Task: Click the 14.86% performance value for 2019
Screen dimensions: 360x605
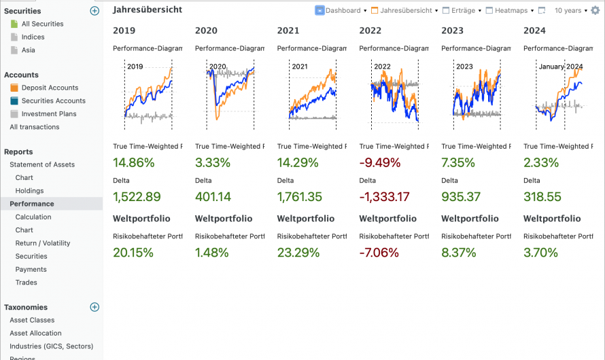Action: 134,163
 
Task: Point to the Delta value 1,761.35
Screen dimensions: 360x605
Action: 300,197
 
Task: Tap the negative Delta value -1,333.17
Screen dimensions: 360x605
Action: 385,197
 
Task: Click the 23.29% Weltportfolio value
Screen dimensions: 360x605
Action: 298,253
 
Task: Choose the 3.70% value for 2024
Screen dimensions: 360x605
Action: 541,253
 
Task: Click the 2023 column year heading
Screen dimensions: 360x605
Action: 453,31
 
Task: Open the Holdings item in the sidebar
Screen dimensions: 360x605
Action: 29,191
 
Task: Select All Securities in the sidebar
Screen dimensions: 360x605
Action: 42,24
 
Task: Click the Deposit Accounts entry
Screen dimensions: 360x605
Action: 50,88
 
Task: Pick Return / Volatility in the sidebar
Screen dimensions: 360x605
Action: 43,243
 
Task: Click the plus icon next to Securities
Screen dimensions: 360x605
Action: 94,11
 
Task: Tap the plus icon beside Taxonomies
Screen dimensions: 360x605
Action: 94,307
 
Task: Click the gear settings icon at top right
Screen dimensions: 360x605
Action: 595,11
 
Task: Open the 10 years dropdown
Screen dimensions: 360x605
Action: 570,11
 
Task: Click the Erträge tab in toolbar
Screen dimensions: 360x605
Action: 462,11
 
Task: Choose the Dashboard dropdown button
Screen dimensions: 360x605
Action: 341,11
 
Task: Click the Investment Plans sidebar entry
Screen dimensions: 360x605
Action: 49,114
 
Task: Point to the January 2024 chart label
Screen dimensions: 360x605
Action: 560,67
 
